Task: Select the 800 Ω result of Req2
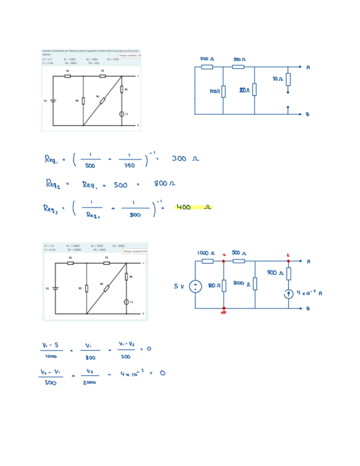(164, 184)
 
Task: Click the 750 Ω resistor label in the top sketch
(214, 91)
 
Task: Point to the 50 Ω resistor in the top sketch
(288, 80)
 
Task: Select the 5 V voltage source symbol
(195, 286)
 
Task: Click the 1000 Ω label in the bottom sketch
(206, 253)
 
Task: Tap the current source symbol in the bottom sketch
(289, 294)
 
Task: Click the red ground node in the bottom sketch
(223, 310)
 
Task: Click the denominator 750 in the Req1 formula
(129, 165)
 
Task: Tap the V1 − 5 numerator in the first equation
(50, 345)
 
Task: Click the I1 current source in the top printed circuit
(122, 114)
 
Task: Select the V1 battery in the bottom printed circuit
(54, 287)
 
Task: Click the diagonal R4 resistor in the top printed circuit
(102, 101)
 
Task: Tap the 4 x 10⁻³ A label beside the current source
(309, 293)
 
